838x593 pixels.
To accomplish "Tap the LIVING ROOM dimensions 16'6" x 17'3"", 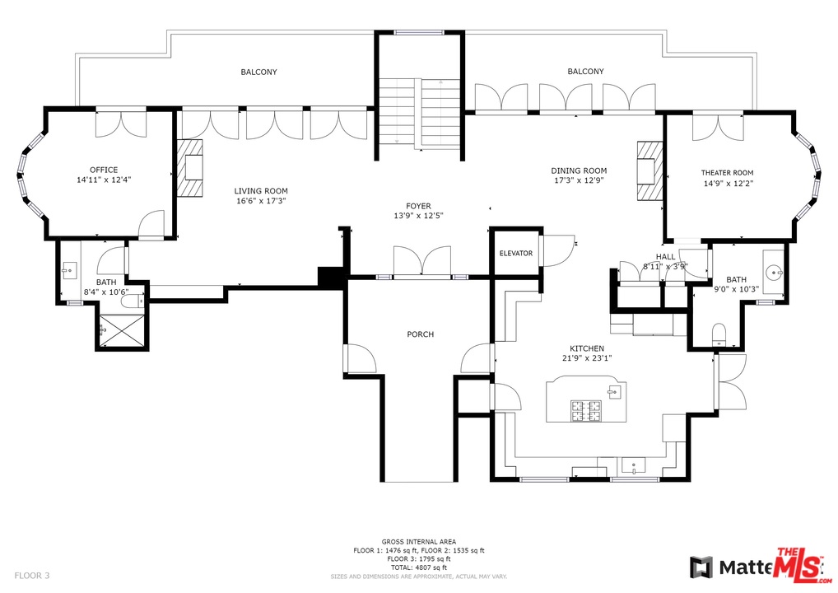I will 261,201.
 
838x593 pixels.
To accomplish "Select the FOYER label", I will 418,206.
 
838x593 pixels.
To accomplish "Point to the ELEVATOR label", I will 516,254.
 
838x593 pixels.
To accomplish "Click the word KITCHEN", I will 587,348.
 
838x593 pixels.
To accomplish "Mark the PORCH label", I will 420,334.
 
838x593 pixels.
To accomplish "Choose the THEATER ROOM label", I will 727,173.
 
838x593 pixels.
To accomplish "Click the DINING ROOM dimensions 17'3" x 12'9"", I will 579,180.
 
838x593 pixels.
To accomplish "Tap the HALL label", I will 664,257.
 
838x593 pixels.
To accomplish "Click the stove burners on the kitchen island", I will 587,409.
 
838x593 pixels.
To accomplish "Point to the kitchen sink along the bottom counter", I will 634,466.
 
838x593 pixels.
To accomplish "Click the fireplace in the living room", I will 193,168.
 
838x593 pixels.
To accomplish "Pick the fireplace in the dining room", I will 647,170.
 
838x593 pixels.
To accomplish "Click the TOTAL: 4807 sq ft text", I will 419,567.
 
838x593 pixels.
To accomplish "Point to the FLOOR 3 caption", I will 32,575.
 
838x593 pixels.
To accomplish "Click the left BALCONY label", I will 258,72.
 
